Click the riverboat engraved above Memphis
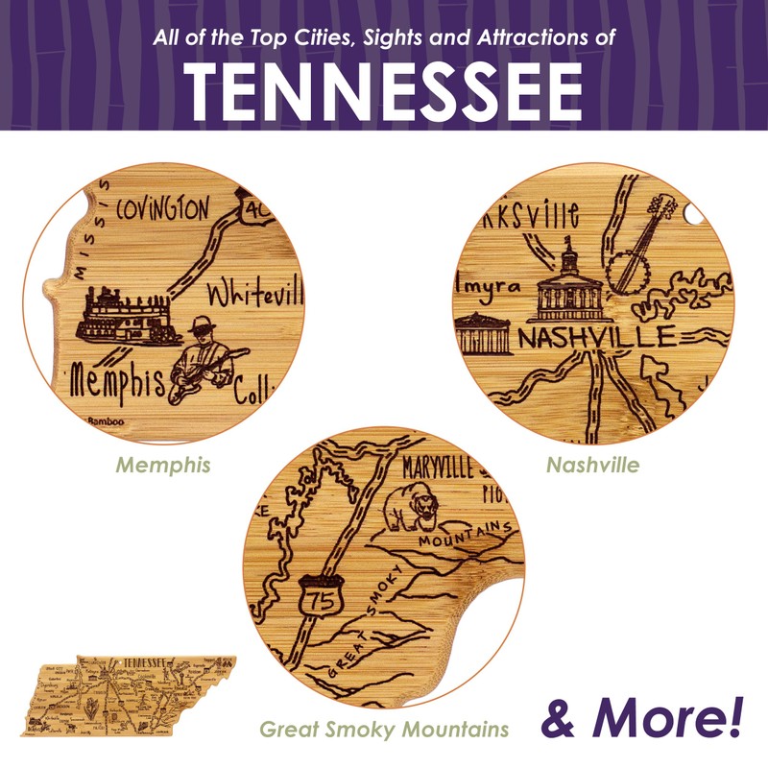point(125,317)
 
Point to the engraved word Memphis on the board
point(116,383)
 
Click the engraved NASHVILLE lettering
point(596,337)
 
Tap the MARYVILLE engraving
point(438,469)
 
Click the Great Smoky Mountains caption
point(384,730)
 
